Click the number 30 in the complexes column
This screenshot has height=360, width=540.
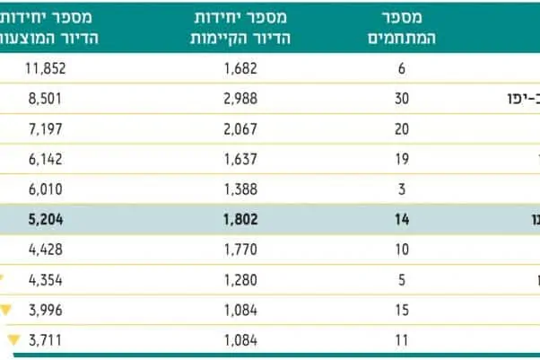tap(401, 98)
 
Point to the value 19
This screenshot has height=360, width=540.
tap(401, 159)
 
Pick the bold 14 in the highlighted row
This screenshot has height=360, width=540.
tap(401, 219)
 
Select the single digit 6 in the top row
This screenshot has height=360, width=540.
tap(401, 67)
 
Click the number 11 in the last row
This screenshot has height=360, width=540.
tap(401, 340)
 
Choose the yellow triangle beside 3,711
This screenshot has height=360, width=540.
tap(13, 340)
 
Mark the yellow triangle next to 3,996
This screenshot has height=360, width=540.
tap(7, 310)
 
